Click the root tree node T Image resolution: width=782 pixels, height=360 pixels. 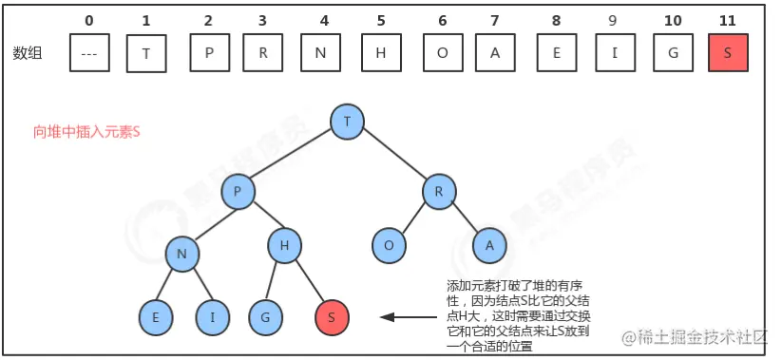[x=348, y=121]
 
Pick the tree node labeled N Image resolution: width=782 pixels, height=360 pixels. [x=181, y=254]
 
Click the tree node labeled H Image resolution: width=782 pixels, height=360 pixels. [x=284, y=246]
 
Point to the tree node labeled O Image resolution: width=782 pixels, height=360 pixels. [x=388, y=245]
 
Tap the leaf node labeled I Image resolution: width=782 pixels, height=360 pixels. [x=212, y=316]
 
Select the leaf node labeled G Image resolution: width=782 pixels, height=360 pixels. [x=265, y=316]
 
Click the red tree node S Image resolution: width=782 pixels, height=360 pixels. [x=330, y=316]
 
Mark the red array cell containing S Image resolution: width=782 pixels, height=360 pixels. [x=728, y=53]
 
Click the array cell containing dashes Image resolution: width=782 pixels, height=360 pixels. [x=89, y=53]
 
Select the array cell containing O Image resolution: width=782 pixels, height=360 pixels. [x=442, y=53]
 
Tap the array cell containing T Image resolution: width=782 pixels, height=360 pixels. [x=145, y=53]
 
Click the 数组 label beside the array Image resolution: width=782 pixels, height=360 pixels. [x=31, y=54]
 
